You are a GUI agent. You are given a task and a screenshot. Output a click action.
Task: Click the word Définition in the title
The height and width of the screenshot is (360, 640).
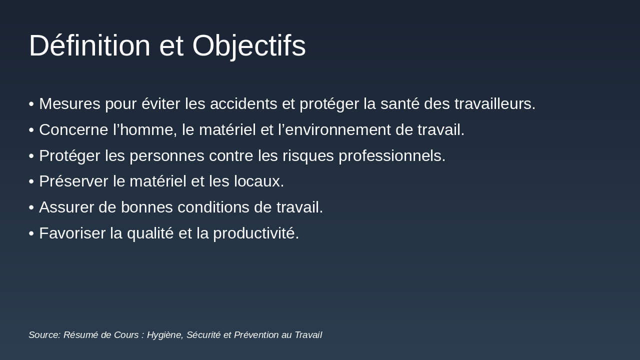coord(89,45)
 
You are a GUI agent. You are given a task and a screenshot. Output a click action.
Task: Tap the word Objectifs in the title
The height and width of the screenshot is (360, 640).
coord(248,45)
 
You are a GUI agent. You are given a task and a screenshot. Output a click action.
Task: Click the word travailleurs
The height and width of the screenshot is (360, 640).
coord(494,104)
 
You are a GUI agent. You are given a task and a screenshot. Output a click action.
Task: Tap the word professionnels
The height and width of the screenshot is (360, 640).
coord(391,156)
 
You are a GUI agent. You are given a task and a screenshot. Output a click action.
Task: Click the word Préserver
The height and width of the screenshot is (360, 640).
coord(73,181)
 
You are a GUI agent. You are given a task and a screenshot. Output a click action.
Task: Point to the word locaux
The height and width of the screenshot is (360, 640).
coord(258,181)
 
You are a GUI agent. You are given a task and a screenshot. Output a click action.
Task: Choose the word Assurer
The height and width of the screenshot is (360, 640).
coord(66,207)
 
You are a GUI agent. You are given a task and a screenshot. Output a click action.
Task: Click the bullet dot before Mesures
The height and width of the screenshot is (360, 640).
coord(31,104)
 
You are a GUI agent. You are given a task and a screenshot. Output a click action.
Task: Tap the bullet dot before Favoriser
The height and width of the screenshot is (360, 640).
coord(31,233)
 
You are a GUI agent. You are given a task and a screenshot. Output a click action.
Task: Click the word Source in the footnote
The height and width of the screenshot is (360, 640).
coord(44,335)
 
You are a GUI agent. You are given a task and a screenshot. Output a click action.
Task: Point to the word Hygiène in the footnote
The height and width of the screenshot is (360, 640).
coord(164,335)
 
